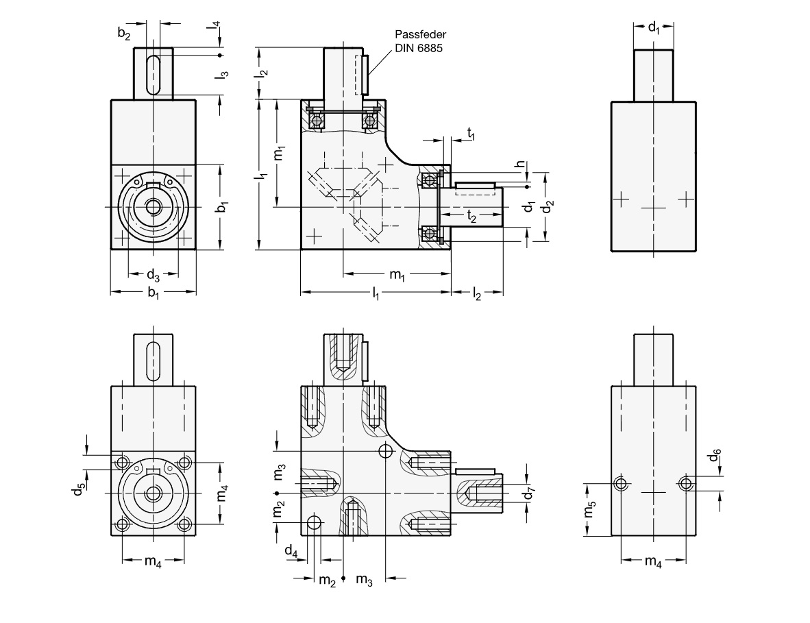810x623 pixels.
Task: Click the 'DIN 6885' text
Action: [x=417, y=47]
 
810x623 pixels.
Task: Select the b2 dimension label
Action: [x=123, y=33]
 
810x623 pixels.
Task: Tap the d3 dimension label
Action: [x=153, y=276]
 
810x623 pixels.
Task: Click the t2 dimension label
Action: [x=471, y=216]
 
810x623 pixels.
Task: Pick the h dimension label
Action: [x=521, y=164]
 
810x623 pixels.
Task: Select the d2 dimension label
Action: [x=549, y=206]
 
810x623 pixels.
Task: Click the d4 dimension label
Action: [x=291, y=550]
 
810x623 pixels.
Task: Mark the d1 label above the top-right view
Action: [x=654, y=28]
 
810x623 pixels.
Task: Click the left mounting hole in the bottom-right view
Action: [x=621, y=484]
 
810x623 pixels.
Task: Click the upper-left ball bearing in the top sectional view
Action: [x=317, y=121]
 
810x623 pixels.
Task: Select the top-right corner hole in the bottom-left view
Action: [x=184, y=463]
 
